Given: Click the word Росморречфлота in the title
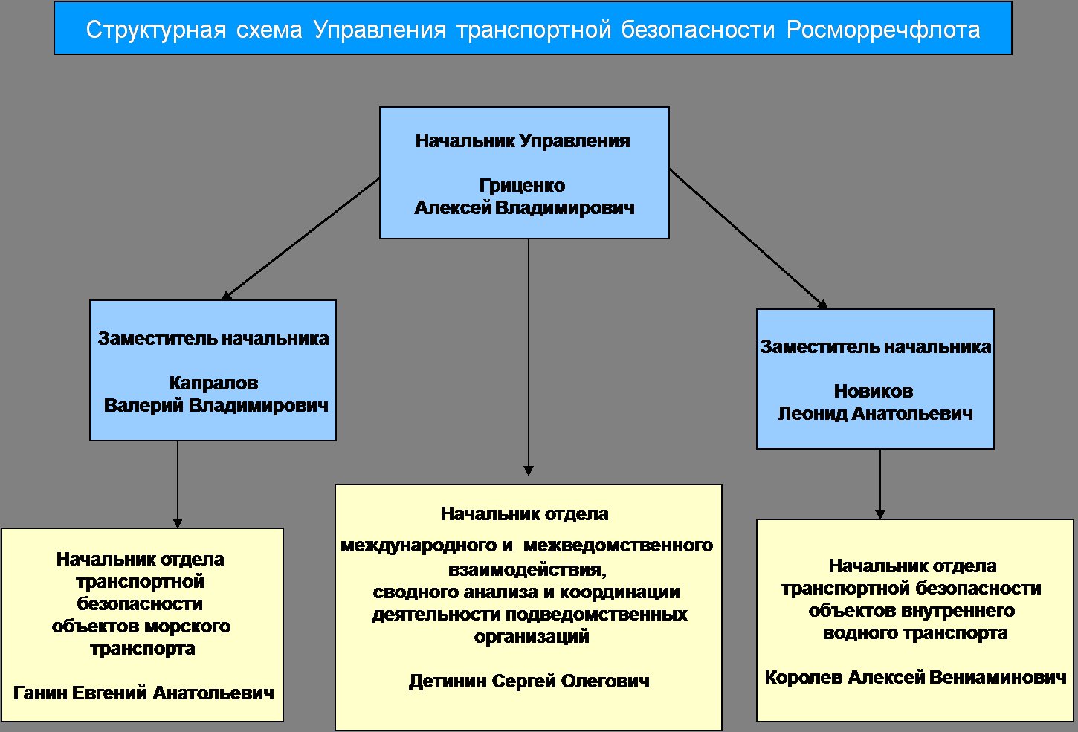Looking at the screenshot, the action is point(883,30).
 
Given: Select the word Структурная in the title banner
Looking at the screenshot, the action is point(156,30).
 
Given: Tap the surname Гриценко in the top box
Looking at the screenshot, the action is point(522,186).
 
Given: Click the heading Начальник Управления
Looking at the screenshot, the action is point(523,141).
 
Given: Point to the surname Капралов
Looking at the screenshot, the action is point(213,383).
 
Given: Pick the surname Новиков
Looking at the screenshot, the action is point(874,391).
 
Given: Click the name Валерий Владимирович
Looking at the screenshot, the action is point(216,406).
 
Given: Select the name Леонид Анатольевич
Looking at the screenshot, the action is point(875,414).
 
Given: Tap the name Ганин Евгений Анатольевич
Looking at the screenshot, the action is point(143,693).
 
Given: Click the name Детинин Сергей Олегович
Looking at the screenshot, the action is point(529,681).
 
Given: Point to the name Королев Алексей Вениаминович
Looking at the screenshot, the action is point(915,677).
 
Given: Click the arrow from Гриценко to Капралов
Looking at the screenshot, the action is point(301,239).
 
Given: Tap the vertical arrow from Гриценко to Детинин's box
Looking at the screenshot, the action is point(529,357).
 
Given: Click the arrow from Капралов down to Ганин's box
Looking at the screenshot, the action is point(178,485).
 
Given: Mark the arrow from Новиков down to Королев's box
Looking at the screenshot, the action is point(880,484).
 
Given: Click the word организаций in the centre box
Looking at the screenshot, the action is point(532,637).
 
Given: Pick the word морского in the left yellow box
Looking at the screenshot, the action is point(187,626).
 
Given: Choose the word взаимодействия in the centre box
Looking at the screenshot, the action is point(527,570).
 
